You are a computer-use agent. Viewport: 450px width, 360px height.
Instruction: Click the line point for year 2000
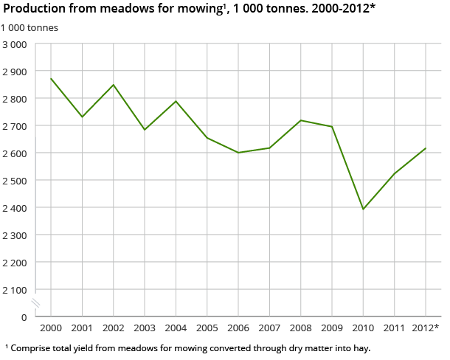click(x=51, y=78)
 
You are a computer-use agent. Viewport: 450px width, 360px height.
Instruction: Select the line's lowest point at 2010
click(x=363, y=209)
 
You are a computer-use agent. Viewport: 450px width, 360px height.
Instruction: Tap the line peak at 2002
click(x=113, y=85)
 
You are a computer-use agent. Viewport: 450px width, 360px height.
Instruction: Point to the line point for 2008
click(x=300, y=120)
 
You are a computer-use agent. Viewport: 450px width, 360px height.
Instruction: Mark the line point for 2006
click(x=238, y=153)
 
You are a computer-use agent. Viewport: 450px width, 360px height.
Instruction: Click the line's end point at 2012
click(x=426, y=148)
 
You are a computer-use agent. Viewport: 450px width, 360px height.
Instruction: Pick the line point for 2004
click(x=176, y=101)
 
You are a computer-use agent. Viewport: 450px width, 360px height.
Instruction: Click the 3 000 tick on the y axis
click(x=15, y=44)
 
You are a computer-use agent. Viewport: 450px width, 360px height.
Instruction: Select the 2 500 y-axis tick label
click(x=15, y=181)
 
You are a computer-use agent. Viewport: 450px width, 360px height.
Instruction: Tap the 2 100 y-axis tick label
click(x=15, y=290)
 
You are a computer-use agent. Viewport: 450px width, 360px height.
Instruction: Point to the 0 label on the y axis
click(x=24, y=317)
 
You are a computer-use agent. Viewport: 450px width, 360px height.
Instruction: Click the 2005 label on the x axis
click(x=207, y=328)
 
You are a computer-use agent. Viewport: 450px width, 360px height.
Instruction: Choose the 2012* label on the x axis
click(x=426, y=328)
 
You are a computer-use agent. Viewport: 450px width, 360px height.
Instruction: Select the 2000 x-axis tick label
click(x=51, y=328)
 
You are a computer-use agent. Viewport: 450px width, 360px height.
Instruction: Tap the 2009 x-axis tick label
click(x=332, y=328)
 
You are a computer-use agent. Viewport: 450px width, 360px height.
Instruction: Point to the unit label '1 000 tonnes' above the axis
click(x=30, y=27)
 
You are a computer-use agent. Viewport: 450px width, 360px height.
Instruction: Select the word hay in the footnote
click(x=360, y=347)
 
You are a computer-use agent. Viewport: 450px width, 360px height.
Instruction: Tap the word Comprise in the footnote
click(x=32, y=347)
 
